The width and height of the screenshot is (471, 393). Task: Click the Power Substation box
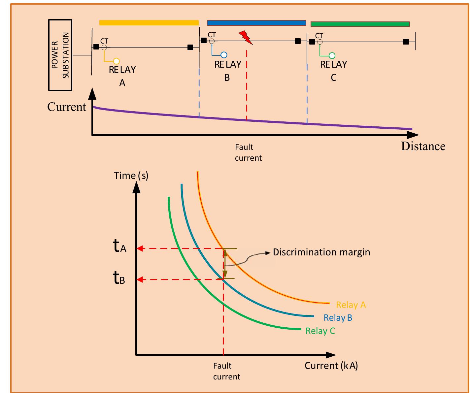point(60,55)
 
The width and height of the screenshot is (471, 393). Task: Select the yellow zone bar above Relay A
point(149,22)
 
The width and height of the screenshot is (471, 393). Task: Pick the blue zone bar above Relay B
point(256,23)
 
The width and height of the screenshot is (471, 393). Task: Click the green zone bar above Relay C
point(360,24)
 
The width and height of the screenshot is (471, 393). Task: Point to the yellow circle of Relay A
point(116,61)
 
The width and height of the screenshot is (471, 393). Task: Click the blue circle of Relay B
point(224,55)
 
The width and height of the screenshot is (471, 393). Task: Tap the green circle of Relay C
point(332,55)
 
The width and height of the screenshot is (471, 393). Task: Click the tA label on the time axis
point(119,246)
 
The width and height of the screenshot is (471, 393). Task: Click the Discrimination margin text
point(321,252)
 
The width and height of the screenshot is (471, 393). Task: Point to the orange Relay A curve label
point(351,305)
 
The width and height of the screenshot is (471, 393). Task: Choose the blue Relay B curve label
point(338,318)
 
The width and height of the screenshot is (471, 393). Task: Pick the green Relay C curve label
point(320,331)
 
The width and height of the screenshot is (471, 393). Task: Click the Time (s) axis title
point(131,176)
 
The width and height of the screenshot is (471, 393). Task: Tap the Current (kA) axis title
point(331,366)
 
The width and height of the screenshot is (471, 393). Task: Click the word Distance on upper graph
point(423,146)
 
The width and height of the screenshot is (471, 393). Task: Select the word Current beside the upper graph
point(66,107)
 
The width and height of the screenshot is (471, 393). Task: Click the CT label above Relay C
point(319,36)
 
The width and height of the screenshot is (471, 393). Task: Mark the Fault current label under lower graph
point(226,371)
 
